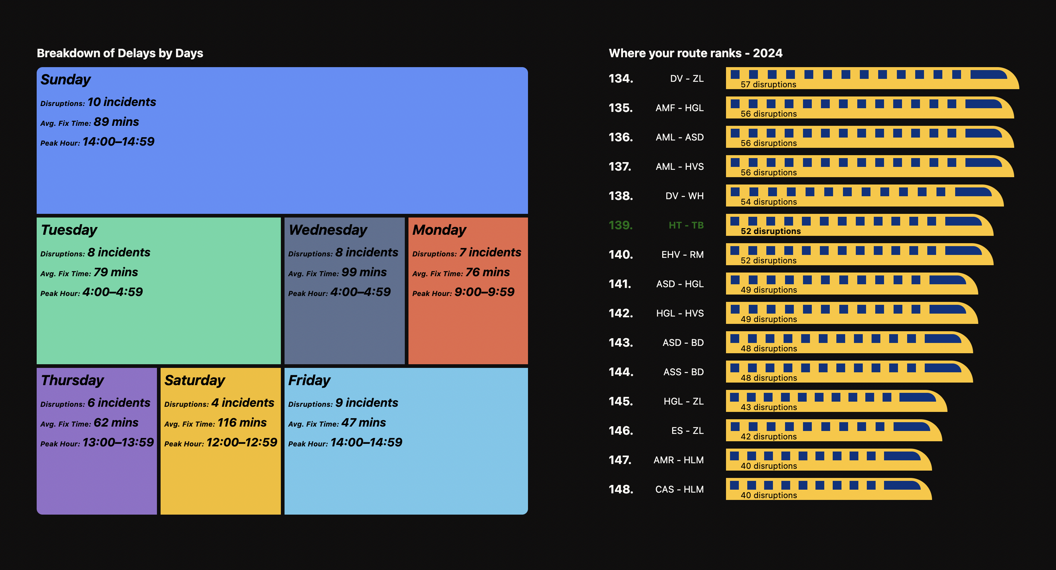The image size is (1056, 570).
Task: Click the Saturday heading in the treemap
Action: [x=195, y=380]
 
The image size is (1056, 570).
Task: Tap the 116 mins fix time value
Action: [x=242, y=423]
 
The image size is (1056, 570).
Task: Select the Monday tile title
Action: [x=439, y=230]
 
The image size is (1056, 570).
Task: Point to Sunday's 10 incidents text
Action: [x=122, y=102]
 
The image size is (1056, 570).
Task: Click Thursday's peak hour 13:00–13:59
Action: [x=118, y=442]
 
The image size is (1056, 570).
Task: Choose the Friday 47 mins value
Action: [x=364, y=423]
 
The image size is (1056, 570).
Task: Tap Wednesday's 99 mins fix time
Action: [x=364, y=272]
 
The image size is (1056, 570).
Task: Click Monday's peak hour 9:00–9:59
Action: [x=484, y=292]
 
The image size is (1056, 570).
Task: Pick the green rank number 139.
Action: [x=621, y=225]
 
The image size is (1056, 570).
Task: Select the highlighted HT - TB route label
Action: [x=686, y=225]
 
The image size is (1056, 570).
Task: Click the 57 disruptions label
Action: [x=768, y=84]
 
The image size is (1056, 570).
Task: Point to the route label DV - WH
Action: [x=684, y=196]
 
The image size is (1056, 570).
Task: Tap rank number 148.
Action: [x=621, y=489]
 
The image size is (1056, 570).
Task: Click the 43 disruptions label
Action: [x=769, y=407]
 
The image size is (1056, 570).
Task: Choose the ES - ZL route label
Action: [x=687, y=431]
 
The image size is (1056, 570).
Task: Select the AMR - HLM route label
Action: [x=678, y=460]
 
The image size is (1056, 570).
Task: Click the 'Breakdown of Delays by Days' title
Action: [x=120, y=53]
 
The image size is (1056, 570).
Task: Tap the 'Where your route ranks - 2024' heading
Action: [x=695, y=53]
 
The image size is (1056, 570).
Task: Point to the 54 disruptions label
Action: [x=769, y=202]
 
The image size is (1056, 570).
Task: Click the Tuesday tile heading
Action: [x=69, y=230]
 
